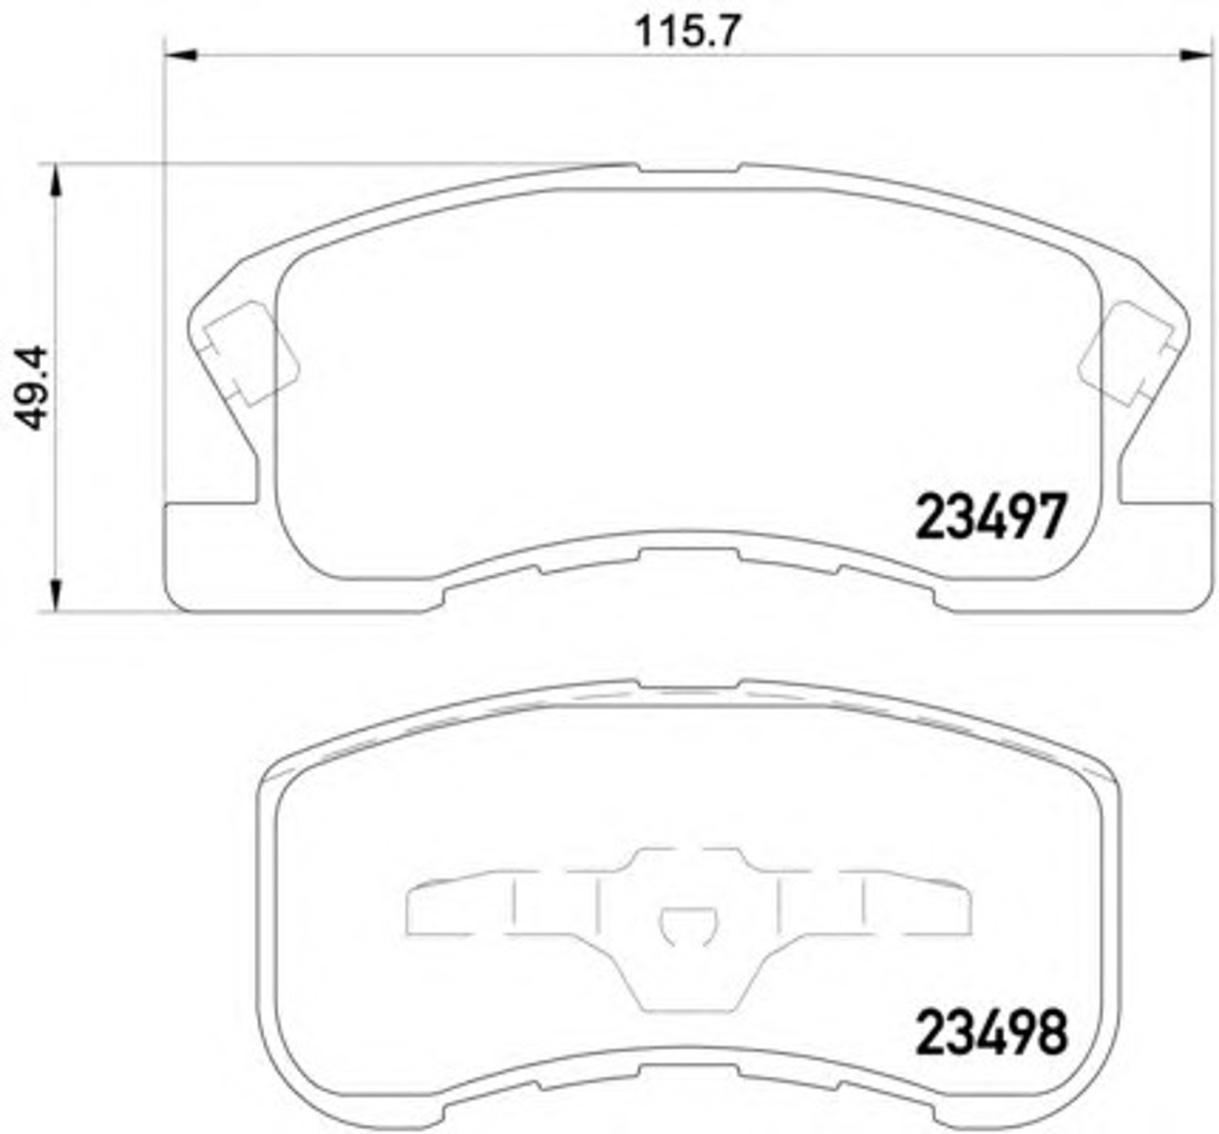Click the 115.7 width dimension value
687,31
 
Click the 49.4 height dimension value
33,388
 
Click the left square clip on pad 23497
250,352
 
